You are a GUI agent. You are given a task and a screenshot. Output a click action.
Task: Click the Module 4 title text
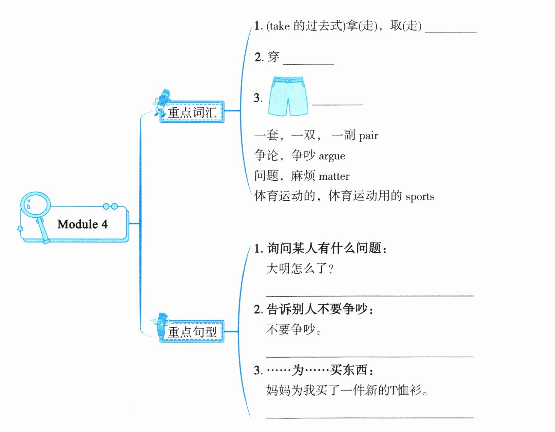82,224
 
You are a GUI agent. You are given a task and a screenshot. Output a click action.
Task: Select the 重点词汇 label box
192,112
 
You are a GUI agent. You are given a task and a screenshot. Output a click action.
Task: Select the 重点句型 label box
192,332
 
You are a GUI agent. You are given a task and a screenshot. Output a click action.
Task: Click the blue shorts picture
288,96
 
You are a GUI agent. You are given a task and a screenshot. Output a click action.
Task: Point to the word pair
368,136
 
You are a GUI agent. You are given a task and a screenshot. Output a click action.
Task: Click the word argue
332,156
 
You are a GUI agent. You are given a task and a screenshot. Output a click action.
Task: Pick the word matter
334,176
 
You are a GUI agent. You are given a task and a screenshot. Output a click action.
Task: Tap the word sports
420,197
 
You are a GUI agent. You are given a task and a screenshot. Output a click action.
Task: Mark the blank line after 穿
308,63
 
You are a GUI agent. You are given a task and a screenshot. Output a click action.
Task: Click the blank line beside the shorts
337,104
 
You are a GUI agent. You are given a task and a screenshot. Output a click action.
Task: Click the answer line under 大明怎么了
370,295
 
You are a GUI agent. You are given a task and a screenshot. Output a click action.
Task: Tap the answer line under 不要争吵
370,356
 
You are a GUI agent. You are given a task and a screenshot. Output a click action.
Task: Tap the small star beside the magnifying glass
20,229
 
